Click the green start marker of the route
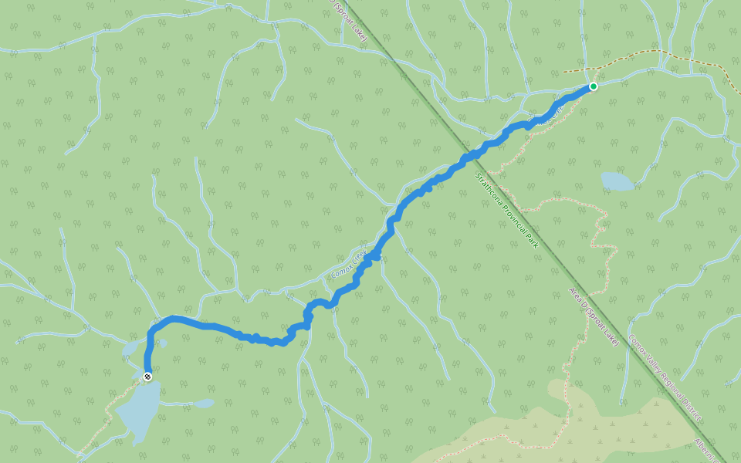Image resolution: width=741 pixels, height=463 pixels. [593, 86]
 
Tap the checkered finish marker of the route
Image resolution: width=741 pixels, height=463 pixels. [147, 376]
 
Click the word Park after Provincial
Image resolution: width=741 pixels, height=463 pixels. [532, 242]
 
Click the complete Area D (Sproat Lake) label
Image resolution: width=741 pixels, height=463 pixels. [594, 316]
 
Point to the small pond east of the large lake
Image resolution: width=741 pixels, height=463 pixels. [204, 403]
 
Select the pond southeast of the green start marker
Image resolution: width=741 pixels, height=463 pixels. [617, 181]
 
